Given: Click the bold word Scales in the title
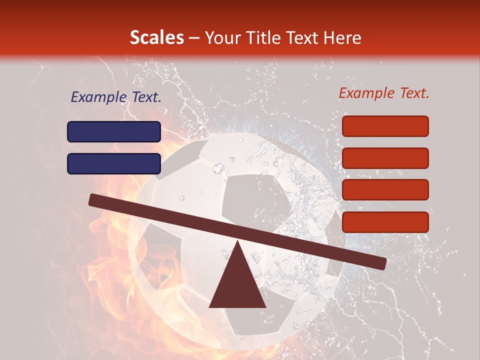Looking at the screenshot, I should click(157, 38).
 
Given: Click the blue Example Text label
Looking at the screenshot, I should click(116, 97).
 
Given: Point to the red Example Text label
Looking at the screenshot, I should click(384, 93).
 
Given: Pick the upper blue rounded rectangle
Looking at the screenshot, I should click(114, 132).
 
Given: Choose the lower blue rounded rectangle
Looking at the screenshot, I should click(114, 163).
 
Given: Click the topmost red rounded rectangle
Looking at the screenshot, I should click(385, 126).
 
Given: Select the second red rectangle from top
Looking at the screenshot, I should click(385, 158).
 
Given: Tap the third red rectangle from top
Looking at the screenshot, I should click(385, 190).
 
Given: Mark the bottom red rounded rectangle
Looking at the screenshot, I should click(385, 222).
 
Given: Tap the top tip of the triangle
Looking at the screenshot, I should click(237, 241).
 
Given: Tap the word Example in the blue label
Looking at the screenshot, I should click(96, 97).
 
